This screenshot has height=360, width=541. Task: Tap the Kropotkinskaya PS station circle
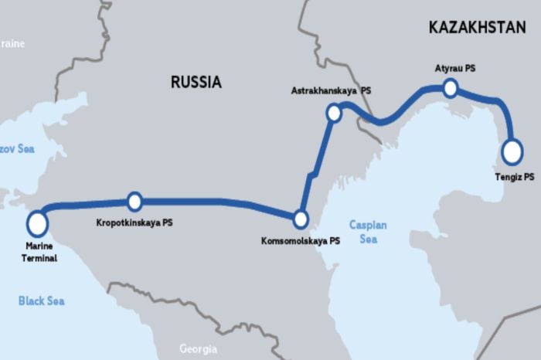point(134,202)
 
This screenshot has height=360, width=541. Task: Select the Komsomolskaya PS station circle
point(301,219)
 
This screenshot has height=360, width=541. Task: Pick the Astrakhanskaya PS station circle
point(334,114)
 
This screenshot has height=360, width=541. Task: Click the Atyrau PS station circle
point(450,89)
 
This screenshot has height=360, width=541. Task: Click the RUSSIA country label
point(196,82)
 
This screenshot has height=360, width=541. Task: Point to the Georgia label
point(198,348)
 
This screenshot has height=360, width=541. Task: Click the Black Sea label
point(42,301)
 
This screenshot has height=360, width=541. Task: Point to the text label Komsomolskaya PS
point(301,241)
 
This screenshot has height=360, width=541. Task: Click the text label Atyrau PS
point(455,68)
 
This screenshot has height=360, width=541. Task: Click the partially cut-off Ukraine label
point(12,44)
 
